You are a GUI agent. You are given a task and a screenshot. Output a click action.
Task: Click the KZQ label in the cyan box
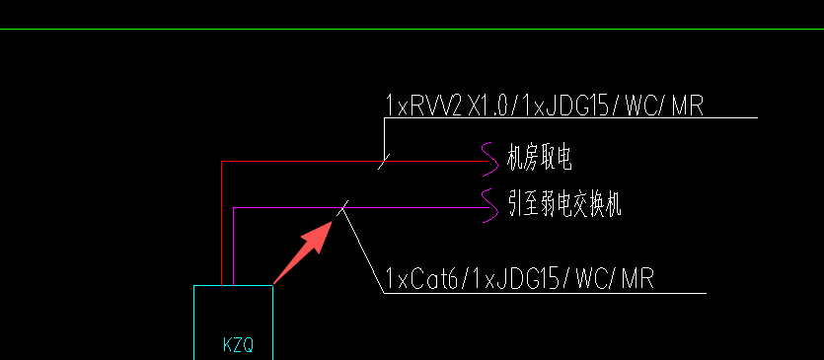(x=238, y=345)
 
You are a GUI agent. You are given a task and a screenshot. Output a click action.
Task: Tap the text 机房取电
(x=539, y=156)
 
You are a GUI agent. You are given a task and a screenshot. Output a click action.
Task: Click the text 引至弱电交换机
(x=565, y=205)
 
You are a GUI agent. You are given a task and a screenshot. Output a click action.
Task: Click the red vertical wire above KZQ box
(x=221, y=227)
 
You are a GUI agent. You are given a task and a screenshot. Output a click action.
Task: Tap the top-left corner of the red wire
(x=221, y=160)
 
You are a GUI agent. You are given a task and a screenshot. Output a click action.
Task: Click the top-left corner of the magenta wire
(x=233, y=208)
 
